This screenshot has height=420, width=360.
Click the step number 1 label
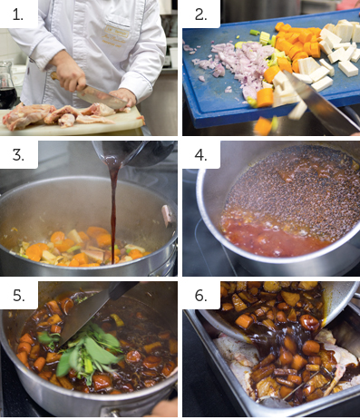pyautogui.click(x=17, y=15)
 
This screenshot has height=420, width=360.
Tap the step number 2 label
pyautogui.click(x=200, y=15)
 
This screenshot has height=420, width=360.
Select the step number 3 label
pyautogui.click(x=18, y=155)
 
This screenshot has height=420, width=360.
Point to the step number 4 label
pyautogui.click(x=200, y=155)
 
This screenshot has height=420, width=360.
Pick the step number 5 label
pyautogui.click(x=18, y=296)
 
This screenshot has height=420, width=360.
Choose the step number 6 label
pyautogui.click(x=200, y=296)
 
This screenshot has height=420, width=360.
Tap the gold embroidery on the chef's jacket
pyautogui.click(x=116, y=34)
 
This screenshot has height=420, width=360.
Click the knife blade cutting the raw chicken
pyautogui.click(x=102, y=96)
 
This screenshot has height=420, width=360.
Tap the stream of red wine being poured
pyautogui.click(x=113, y=209)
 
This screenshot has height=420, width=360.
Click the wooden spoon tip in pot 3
pyautogui.click(x=167, y=214)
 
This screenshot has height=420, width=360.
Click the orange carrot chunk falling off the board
pyautogui.click(x=262, y=125)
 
